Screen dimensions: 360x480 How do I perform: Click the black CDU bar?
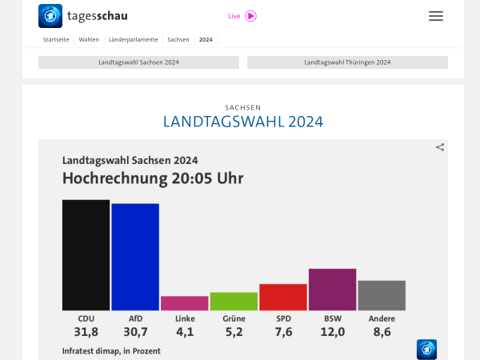(x=86, y=254)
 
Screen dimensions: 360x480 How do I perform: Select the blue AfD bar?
(x=135, y=257)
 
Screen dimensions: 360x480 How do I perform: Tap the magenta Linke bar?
(x=184, y=303)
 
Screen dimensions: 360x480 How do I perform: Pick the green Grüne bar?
(x=234, y=302)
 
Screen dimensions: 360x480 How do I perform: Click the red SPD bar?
(x=283, y=297)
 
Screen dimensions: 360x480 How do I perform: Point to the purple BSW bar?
(x=332, y=290)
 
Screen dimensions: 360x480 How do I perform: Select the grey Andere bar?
(x=382, y=295)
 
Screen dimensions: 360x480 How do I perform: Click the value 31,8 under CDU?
(x=86, y=332)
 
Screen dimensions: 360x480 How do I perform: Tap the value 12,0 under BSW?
(x=333, y=332)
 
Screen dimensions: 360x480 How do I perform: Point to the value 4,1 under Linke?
(x=185, y=332)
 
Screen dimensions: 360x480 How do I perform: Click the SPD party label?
(x=283, y=318)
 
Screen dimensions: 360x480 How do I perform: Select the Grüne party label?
(x=234, y=318)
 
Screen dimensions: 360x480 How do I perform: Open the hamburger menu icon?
(x=435, y=16)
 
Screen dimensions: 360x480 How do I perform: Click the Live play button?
(x=250, y=16)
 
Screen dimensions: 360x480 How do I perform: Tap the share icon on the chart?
(x=440, y=147)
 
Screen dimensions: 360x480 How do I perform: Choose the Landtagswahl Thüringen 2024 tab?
(x=347, y=62)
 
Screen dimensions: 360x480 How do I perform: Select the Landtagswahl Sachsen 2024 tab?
(x=138, y=62)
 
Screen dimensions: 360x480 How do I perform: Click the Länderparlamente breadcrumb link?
(x=133, y=39)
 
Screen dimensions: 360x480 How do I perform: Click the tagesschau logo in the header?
(x=83, y=16)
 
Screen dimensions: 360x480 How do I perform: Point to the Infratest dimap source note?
(x=111, y=351)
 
